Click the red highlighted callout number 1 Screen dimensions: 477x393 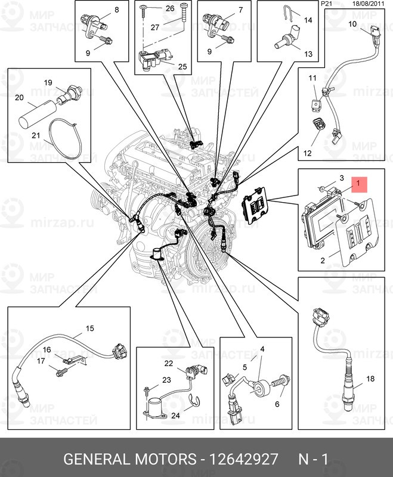click(358, 185)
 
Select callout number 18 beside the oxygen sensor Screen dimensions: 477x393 click(370, 379)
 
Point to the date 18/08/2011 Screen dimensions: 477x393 click(369, 4)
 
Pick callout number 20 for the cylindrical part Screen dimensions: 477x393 click(19, 97)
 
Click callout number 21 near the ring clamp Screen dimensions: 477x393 click(35, 136)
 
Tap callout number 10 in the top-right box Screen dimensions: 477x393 click(352, 24)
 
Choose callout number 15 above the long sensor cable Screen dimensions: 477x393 click(90, 328)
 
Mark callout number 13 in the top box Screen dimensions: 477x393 click(308, 54)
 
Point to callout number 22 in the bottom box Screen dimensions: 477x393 click(169, 363)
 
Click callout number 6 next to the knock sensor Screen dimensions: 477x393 click(276, 404)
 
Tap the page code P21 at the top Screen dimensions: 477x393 click(326, 4)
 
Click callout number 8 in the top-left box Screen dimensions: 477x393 click(116, 10)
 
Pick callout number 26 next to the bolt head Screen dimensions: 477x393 click(170, 8)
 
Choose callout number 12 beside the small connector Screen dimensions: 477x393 click(308, 153)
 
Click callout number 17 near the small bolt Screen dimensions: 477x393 click(41, 361)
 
